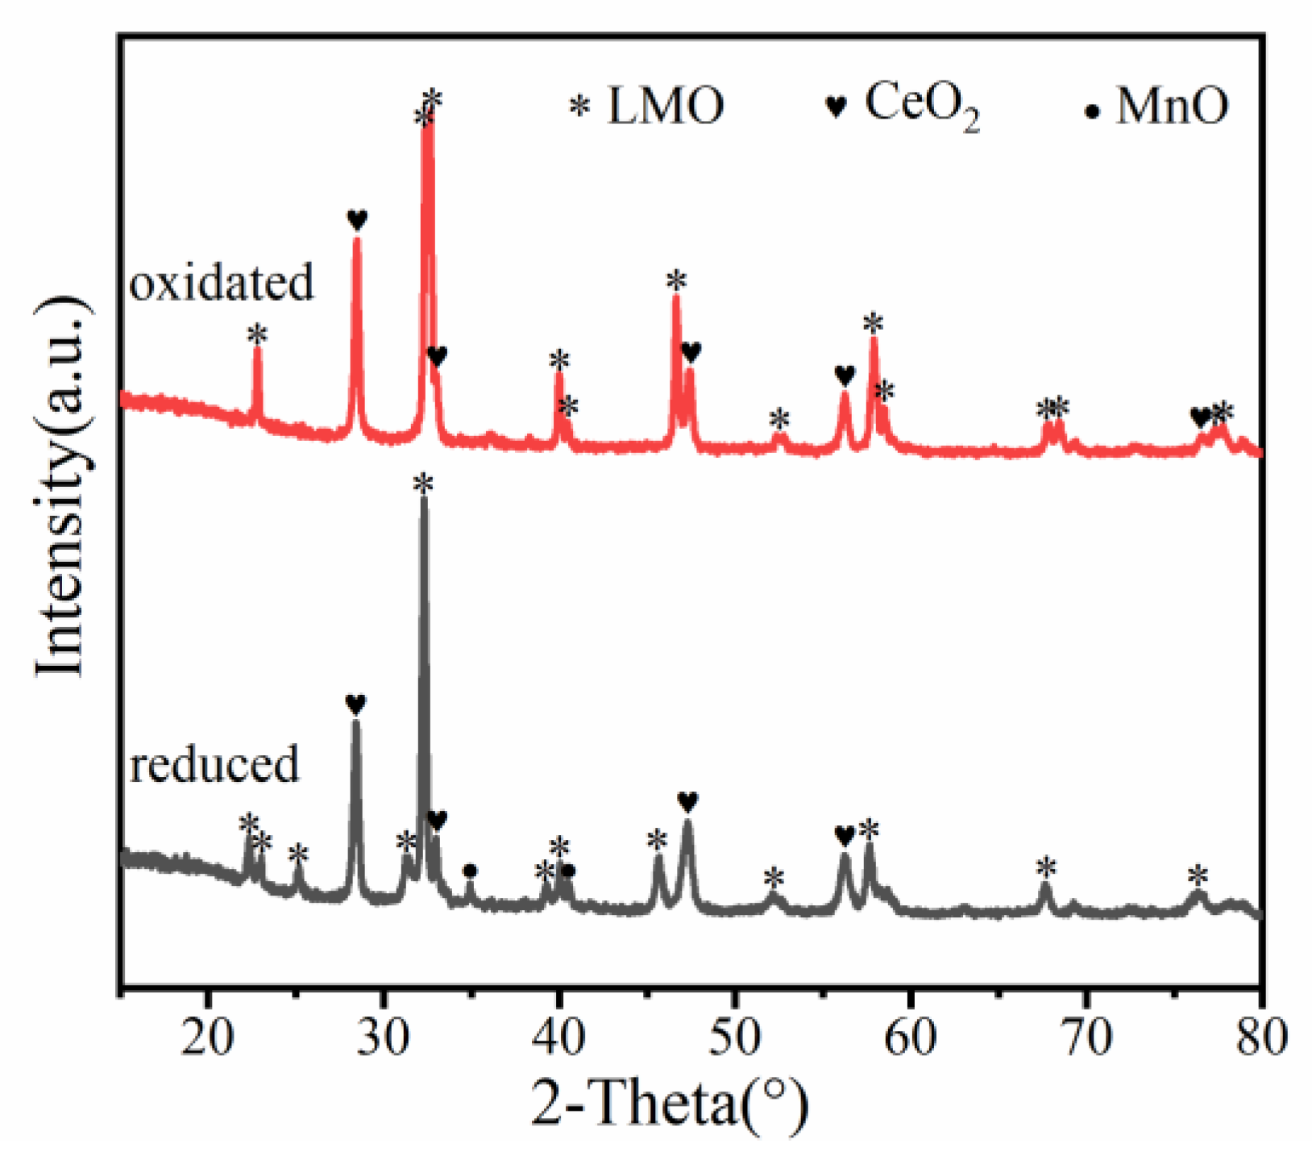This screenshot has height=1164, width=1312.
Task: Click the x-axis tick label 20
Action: pos(208,1037)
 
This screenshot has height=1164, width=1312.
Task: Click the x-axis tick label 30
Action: pos(384,1037)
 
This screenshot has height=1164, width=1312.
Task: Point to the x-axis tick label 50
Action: pos(735,1037)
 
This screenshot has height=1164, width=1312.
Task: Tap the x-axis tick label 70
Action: pos(1086,1037)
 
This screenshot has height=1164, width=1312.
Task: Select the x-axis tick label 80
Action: pos(1260,1037)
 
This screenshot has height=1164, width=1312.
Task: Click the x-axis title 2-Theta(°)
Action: pos(668,1104)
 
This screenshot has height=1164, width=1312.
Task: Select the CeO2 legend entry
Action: pos(902,106)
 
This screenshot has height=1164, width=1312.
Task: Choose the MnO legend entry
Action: pos(1156,106)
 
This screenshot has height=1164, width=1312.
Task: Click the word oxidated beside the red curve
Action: pos(222,283)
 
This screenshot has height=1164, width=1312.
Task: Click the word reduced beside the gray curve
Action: pos(214,763)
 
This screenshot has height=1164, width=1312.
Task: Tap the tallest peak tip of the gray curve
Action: pos(424,500)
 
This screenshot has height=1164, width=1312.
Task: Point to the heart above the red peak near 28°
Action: pos(357,219)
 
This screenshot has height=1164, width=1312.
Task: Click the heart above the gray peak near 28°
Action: pos(355,704)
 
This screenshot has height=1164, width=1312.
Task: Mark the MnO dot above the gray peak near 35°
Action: pos(471,871)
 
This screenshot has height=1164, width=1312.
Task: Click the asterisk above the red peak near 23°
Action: pos(257,335)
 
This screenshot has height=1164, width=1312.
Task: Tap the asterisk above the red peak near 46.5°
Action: pos(676,281)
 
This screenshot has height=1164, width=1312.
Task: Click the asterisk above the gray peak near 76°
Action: pos(1198,875)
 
